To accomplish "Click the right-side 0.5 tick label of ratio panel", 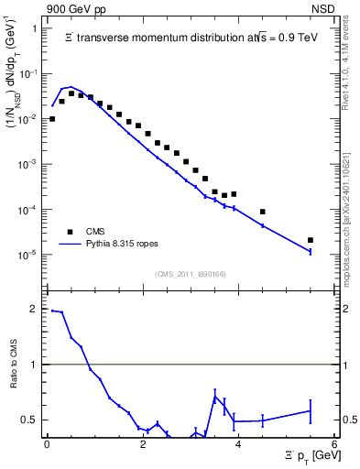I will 349,420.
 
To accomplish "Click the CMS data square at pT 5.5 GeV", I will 311,240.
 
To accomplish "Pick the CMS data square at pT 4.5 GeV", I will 263,212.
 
